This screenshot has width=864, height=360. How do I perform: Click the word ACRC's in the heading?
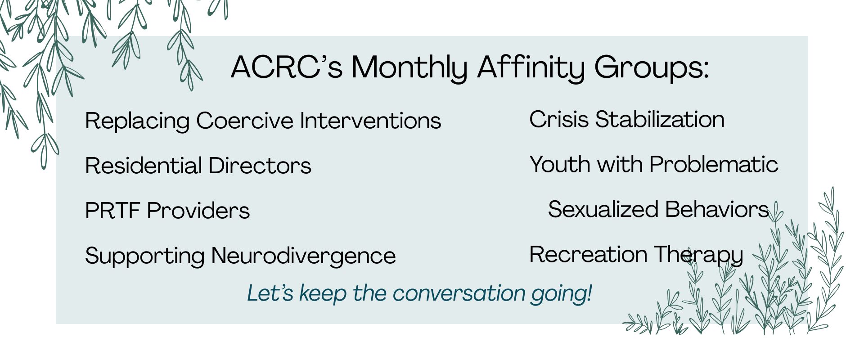(x=287, y=67)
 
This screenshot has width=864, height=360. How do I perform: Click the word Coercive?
(x=245, y=121)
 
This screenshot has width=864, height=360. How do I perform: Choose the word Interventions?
(x=371, y=121)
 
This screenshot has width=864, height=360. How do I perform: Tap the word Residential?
(x=143, y=166)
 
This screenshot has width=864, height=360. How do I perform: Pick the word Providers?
(x=198, y=211)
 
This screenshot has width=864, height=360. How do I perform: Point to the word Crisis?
(x=558, y=119)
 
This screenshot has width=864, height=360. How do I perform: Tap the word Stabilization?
(x=660, y=119)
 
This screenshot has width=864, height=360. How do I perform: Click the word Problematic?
(x=714, y=164)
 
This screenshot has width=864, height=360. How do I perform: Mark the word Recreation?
(x=588, y=254)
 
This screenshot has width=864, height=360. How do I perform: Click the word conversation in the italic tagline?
(x=459, y=293)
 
